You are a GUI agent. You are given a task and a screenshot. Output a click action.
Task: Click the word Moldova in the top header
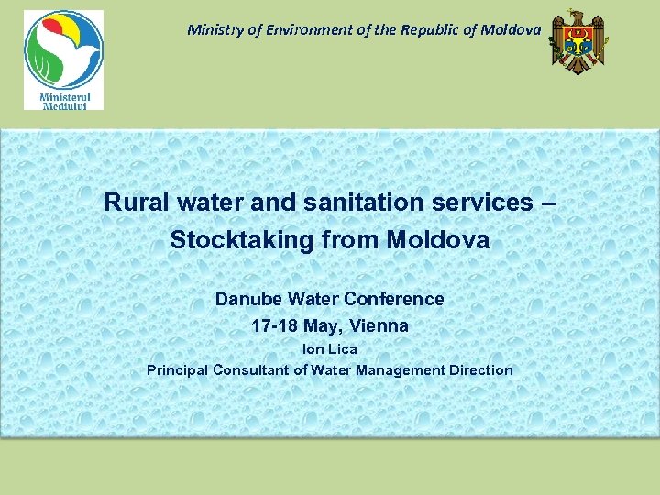pos(510,29)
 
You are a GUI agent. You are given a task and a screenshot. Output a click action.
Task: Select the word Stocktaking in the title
pos(248,241)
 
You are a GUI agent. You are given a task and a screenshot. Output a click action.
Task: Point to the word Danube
pos(247,299)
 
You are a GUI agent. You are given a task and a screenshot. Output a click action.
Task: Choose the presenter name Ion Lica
pos(330,348)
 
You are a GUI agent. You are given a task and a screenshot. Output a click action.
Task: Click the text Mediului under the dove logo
pos(63,104)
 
